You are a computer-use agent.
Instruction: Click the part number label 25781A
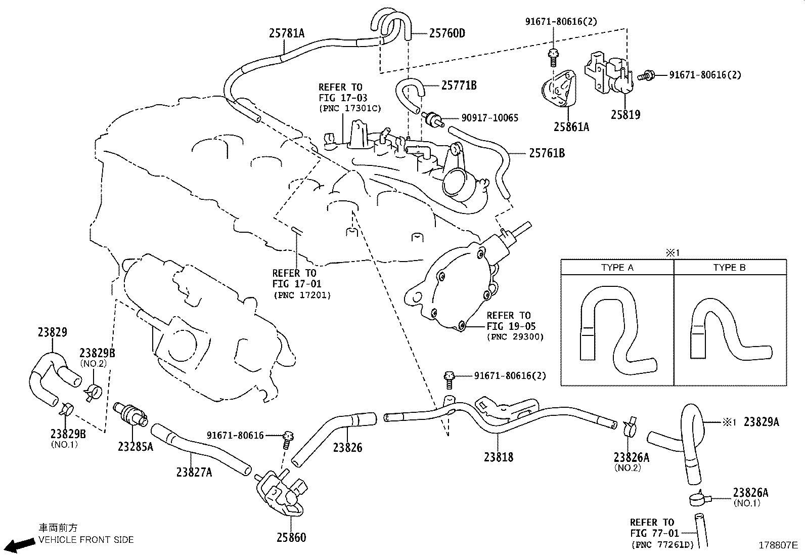click(286, 33)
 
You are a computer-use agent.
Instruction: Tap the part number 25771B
click(459, 85)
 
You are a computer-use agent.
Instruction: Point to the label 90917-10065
click(489, 118)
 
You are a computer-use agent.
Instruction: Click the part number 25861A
click(571, 127)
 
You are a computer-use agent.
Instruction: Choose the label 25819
click(625, 115)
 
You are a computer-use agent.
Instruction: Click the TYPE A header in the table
click(617, 268)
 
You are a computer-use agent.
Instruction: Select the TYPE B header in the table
click(729, 268)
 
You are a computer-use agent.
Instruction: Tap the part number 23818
click(498, 457)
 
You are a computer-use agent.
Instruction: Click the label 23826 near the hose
click(347, 447)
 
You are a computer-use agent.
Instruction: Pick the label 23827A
click(194, 472)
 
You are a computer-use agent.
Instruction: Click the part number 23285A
click(135, 447)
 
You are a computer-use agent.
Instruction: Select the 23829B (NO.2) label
click(97, 354)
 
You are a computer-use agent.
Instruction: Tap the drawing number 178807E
click(778, 545)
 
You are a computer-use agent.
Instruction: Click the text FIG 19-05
click(511, 326)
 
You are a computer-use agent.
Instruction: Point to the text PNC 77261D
click(662, 544)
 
